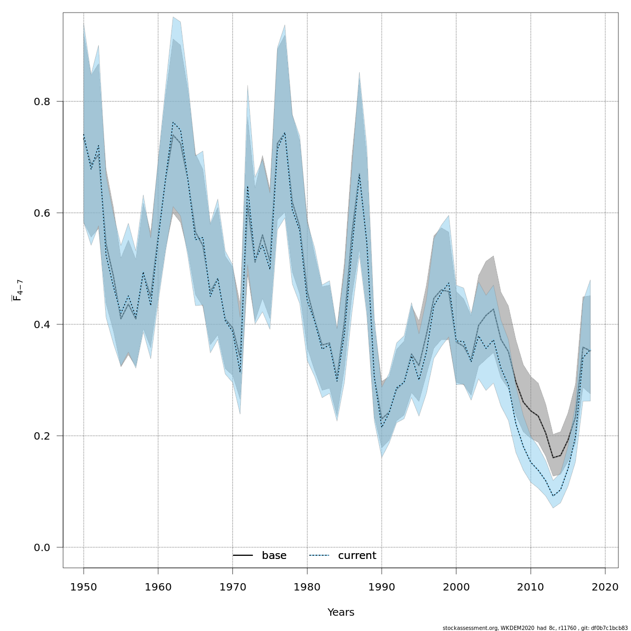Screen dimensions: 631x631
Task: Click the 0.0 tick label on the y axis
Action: (x=43, y=547)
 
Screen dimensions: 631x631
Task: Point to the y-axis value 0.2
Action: (x=43, y=436)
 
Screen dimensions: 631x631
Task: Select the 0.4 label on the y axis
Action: (x=43, y=324)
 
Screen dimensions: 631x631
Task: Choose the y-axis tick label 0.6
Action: (x=43, y=213)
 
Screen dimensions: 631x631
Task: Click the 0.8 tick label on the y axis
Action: (x=43, y=101)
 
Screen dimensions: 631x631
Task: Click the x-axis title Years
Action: (x=341, y=613)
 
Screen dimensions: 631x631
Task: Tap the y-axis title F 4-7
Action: (x=17, y=290)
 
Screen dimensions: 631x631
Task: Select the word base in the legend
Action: (x=274, y=556)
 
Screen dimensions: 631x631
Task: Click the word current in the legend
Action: (x=357, y=556)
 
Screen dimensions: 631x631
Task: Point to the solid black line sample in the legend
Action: (x=243, y=556)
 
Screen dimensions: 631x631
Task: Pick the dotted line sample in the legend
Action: (x=319, y=556)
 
